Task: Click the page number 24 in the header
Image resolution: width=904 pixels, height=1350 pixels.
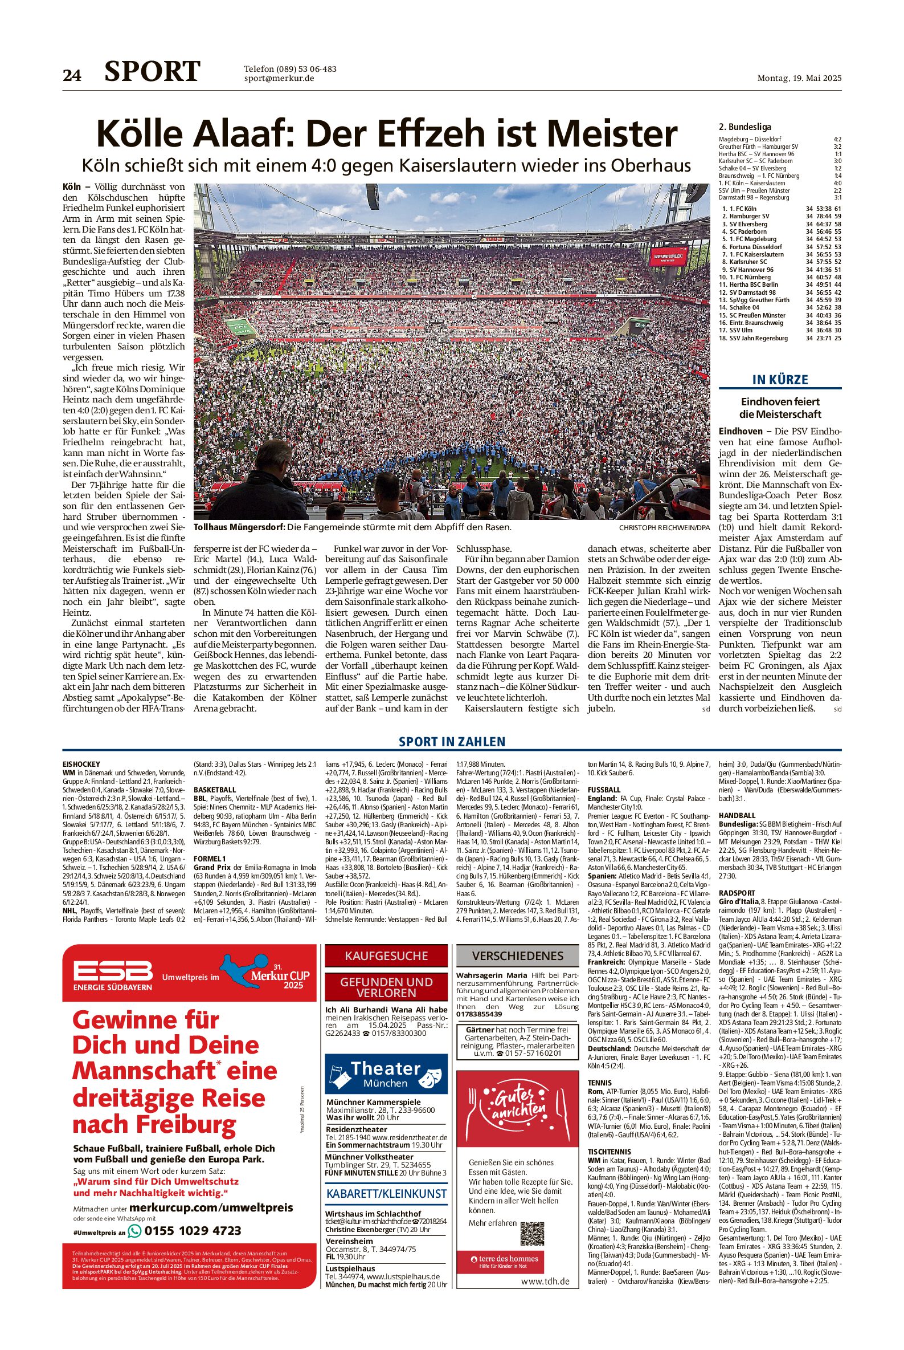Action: tap(72, 75)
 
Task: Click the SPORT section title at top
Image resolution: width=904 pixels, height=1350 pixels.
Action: tap(152, 71)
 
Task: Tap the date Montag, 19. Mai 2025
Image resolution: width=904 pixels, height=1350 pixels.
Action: tap(799, 79)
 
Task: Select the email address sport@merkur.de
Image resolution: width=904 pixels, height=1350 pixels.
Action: tap(279, 79)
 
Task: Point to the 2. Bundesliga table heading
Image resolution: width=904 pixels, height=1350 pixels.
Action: tap(745, 127)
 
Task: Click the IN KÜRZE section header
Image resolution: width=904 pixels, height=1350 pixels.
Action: tap(780, 380)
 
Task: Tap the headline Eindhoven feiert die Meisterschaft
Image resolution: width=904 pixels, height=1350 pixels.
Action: tap(780, 408)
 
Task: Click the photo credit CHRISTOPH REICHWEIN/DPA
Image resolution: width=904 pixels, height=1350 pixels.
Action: tap(664, 527)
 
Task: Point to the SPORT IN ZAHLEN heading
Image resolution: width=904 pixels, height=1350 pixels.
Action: tap(452, 742)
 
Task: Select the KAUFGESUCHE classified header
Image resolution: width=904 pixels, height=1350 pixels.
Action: tap(386, 956)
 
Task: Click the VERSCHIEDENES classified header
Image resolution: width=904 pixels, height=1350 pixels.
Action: tap(518, 956)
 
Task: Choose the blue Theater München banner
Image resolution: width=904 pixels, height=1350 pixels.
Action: tap(386, 1074)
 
